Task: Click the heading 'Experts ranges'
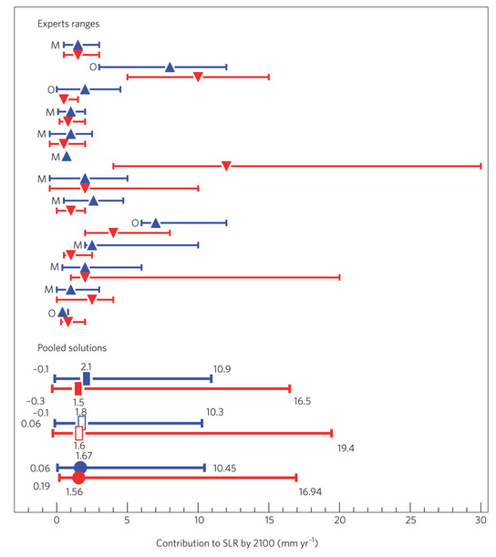68,24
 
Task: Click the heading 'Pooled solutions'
72,347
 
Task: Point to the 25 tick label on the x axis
410,520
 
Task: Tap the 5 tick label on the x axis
128,520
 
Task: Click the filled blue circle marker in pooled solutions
80,468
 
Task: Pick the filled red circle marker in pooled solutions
79,478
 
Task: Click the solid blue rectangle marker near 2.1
87,378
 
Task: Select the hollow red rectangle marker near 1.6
79,433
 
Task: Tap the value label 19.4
346,449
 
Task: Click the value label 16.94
310,492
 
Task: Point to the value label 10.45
224,469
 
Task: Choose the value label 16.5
303,401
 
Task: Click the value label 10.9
222,369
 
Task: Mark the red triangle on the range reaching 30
226,166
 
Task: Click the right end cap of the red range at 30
481,166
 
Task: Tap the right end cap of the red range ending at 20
340,277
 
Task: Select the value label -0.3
36,401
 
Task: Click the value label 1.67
84,456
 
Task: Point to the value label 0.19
42,486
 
